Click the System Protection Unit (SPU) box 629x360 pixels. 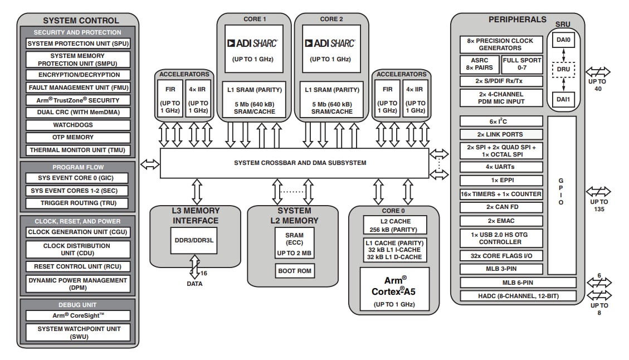coord(77,43)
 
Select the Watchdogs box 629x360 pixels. coord(77,125)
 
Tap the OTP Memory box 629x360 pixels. coord(77,137)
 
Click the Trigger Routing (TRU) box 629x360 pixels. coord(77,203)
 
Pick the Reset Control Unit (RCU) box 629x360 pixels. coord(77,266)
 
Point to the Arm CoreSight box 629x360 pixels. coord(77,315)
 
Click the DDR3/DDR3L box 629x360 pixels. coord(194,240)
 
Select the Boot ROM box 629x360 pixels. coord(294,271)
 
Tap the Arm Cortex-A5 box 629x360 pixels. coord(394,289)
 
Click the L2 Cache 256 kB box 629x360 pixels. coord(394,225)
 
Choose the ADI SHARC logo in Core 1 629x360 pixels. coord(253,43)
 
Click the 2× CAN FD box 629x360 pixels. coord(501,207)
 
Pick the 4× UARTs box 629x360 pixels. coord(501,167)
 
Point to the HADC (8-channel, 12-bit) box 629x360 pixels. coord(518,296)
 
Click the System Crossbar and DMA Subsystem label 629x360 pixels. coord(300,163)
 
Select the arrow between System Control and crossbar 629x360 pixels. coord(149,164)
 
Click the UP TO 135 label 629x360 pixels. coord(599,205)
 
